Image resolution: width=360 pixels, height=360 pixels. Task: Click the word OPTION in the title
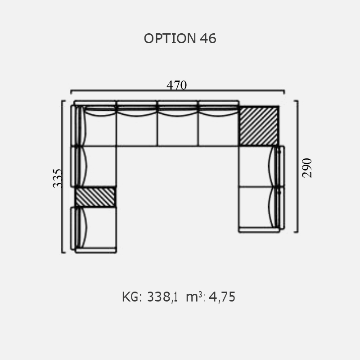click(170, 38)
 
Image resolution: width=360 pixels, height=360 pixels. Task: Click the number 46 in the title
click(208, 38)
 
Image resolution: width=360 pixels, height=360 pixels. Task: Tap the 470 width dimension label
click(176, 85)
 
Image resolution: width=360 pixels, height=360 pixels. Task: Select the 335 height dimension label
click(58, 178)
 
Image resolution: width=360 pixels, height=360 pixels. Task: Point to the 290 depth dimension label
click(307, 168)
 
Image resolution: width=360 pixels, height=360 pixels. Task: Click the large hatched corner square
click(259, 126)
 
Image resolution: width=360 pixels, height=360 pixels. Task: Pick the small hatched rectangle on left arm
click(95, 197)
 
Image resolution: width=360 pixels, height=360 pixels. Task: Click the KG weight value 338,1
click(162, 297)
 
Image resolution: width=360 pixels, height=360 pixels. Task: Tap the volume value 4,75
click(222, 297)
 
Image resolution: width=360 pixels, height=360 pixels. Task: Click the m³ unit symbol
click(194, 297)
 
